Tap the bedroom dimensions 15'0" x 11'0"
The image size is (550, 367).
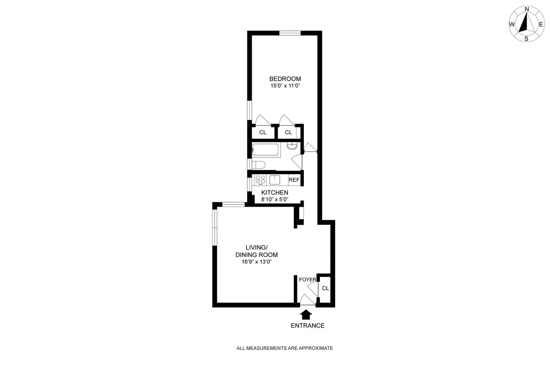pyautogui.click(x=285, y=86)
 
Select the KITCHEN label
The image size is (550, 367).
pyautogui.click(x=275, y=192)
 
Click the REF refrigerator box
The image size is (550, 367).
pyautogui.click(x=294, y=180)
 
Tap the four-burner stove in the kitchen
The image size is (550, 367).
pyautogui.click(x=261, y=180)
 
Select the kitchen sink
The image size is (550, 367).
pyautogui.click(x=275, y=180)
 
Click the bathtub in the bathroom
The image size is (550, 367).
pyautogui.click(x=266, y=150)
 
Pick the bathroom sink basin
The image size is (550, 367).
pyautogui.click(x=291, y=146)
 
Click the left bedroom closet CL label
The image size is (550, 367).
pyautogui.click(x=263, y=132)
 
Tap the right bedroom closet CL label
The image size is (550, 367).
pyautogui.click(x=288, y=132)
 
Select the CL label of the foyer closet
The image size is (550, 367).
pyautogui.click(x=325, y=288)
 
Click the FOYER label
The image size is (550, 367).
pyautogui.click(x=308, y=279)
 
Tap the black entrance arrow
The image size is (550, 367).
pyautogui.click(x=306, y=314)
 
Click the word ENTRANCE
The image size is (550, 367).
pyautogui.click(x=308, y=326)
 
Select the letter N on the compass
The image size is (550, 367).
pyautogui.click(x=527, y=9)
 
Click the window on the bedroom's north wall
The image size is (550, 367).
pyautogui.click(x=290, y=33)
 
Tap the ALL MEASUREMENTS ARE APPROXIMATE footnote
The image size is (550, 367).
pyautogui.click(x=284, y=348)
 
